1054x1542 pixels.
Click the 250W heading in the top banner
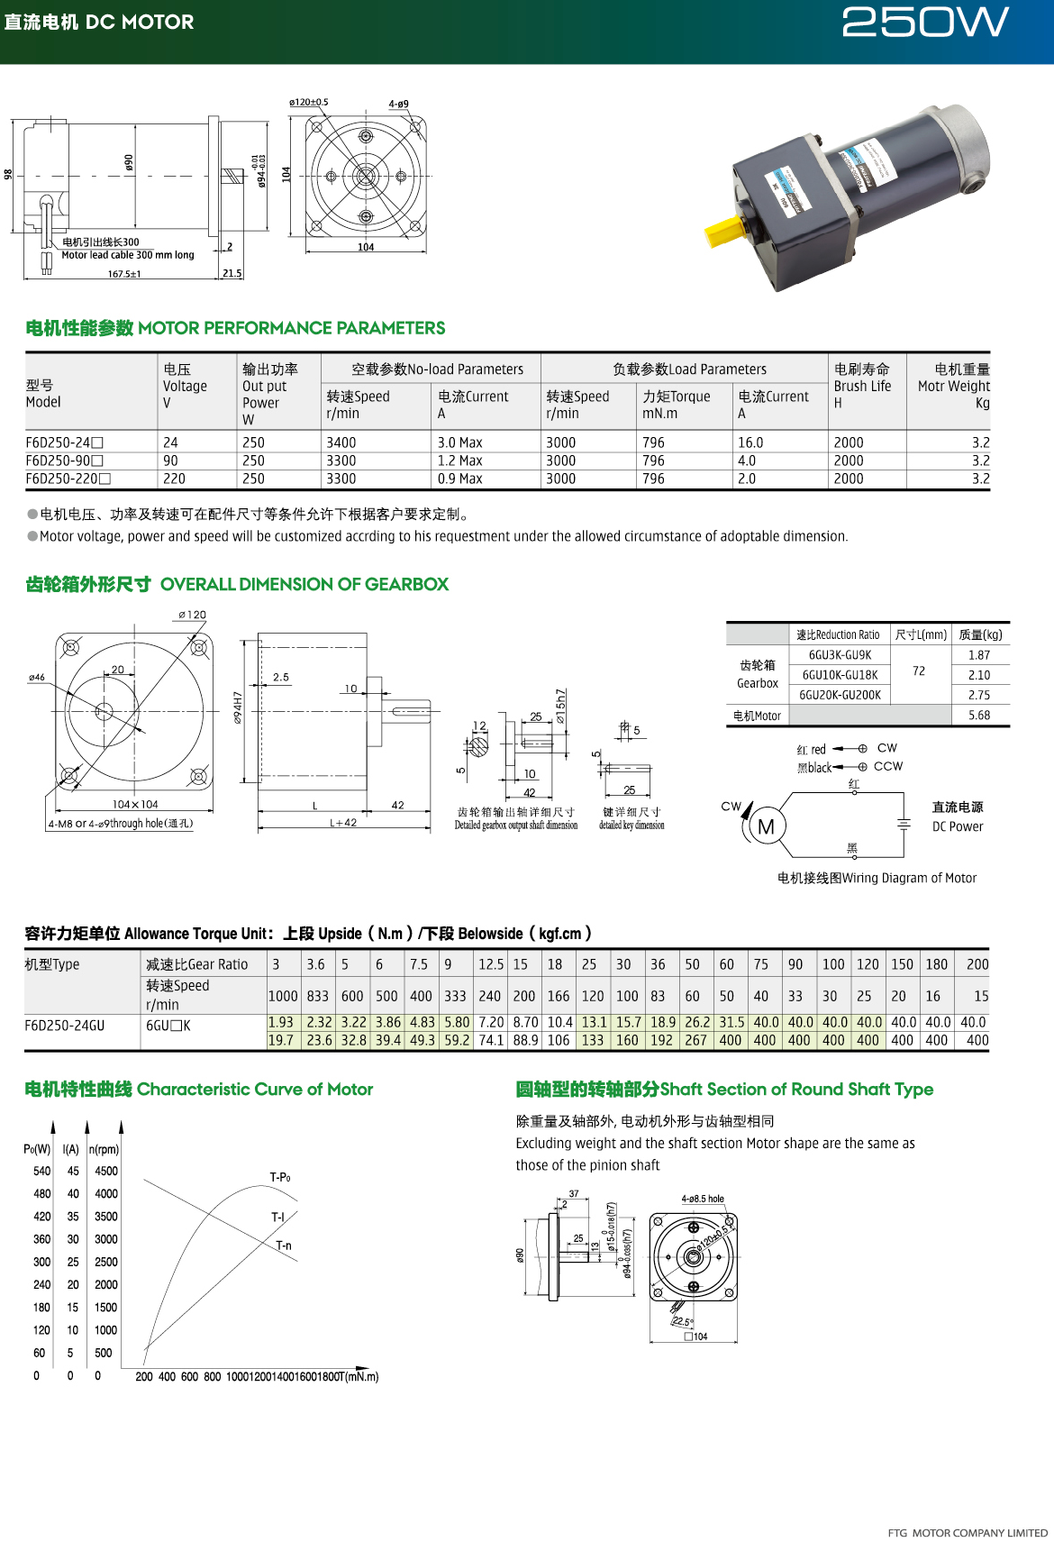[924, 23]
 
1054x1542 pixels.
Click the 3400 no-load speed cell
[341, 443]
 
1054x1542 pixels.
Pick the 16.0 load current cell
[750, 443]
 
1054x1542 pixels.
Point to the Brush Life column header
[862, 386]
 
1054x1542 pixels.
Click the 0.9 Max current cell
[459, 479]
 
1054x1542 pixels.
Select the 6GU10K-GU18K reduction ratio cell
[840, 675]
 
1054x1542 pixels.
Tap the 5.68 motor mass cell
[979, 716]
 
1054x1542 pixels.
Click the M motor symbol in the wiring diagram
[766, 826]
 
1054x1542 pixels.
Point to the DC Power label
[958, 826]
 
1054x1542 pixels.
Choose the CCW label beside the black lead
[888, 766]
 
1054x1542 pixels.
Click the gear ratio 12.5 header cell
[491, 964]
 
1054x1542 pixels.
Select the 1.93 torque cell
[281, 1022]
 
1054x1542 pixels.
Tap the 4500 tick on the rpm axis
[106, 1171]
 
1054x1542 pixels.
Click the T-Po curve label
[280, 1177]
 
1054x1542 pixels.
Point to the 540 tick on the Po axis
[42, 1171]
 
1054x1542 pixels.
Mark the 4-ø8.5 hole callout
[703, 1199]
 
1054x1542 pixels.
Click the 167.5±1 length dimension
[124, 274]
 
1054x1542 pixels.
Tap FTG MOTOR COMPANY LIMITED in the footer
[968, 1532]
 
